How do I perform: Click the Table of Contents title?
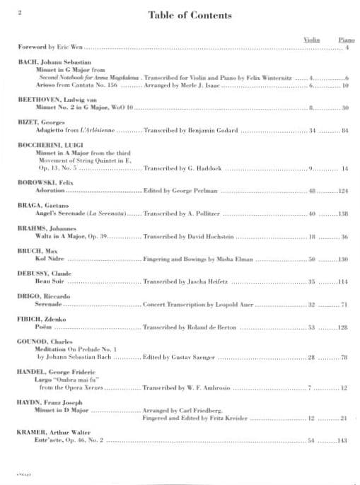pos(180,14)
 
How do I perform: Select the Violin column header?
pos(311,40)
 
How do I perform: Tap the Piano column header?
pos(344,40)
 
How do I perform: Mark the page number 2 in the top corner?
pos(19,13)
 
